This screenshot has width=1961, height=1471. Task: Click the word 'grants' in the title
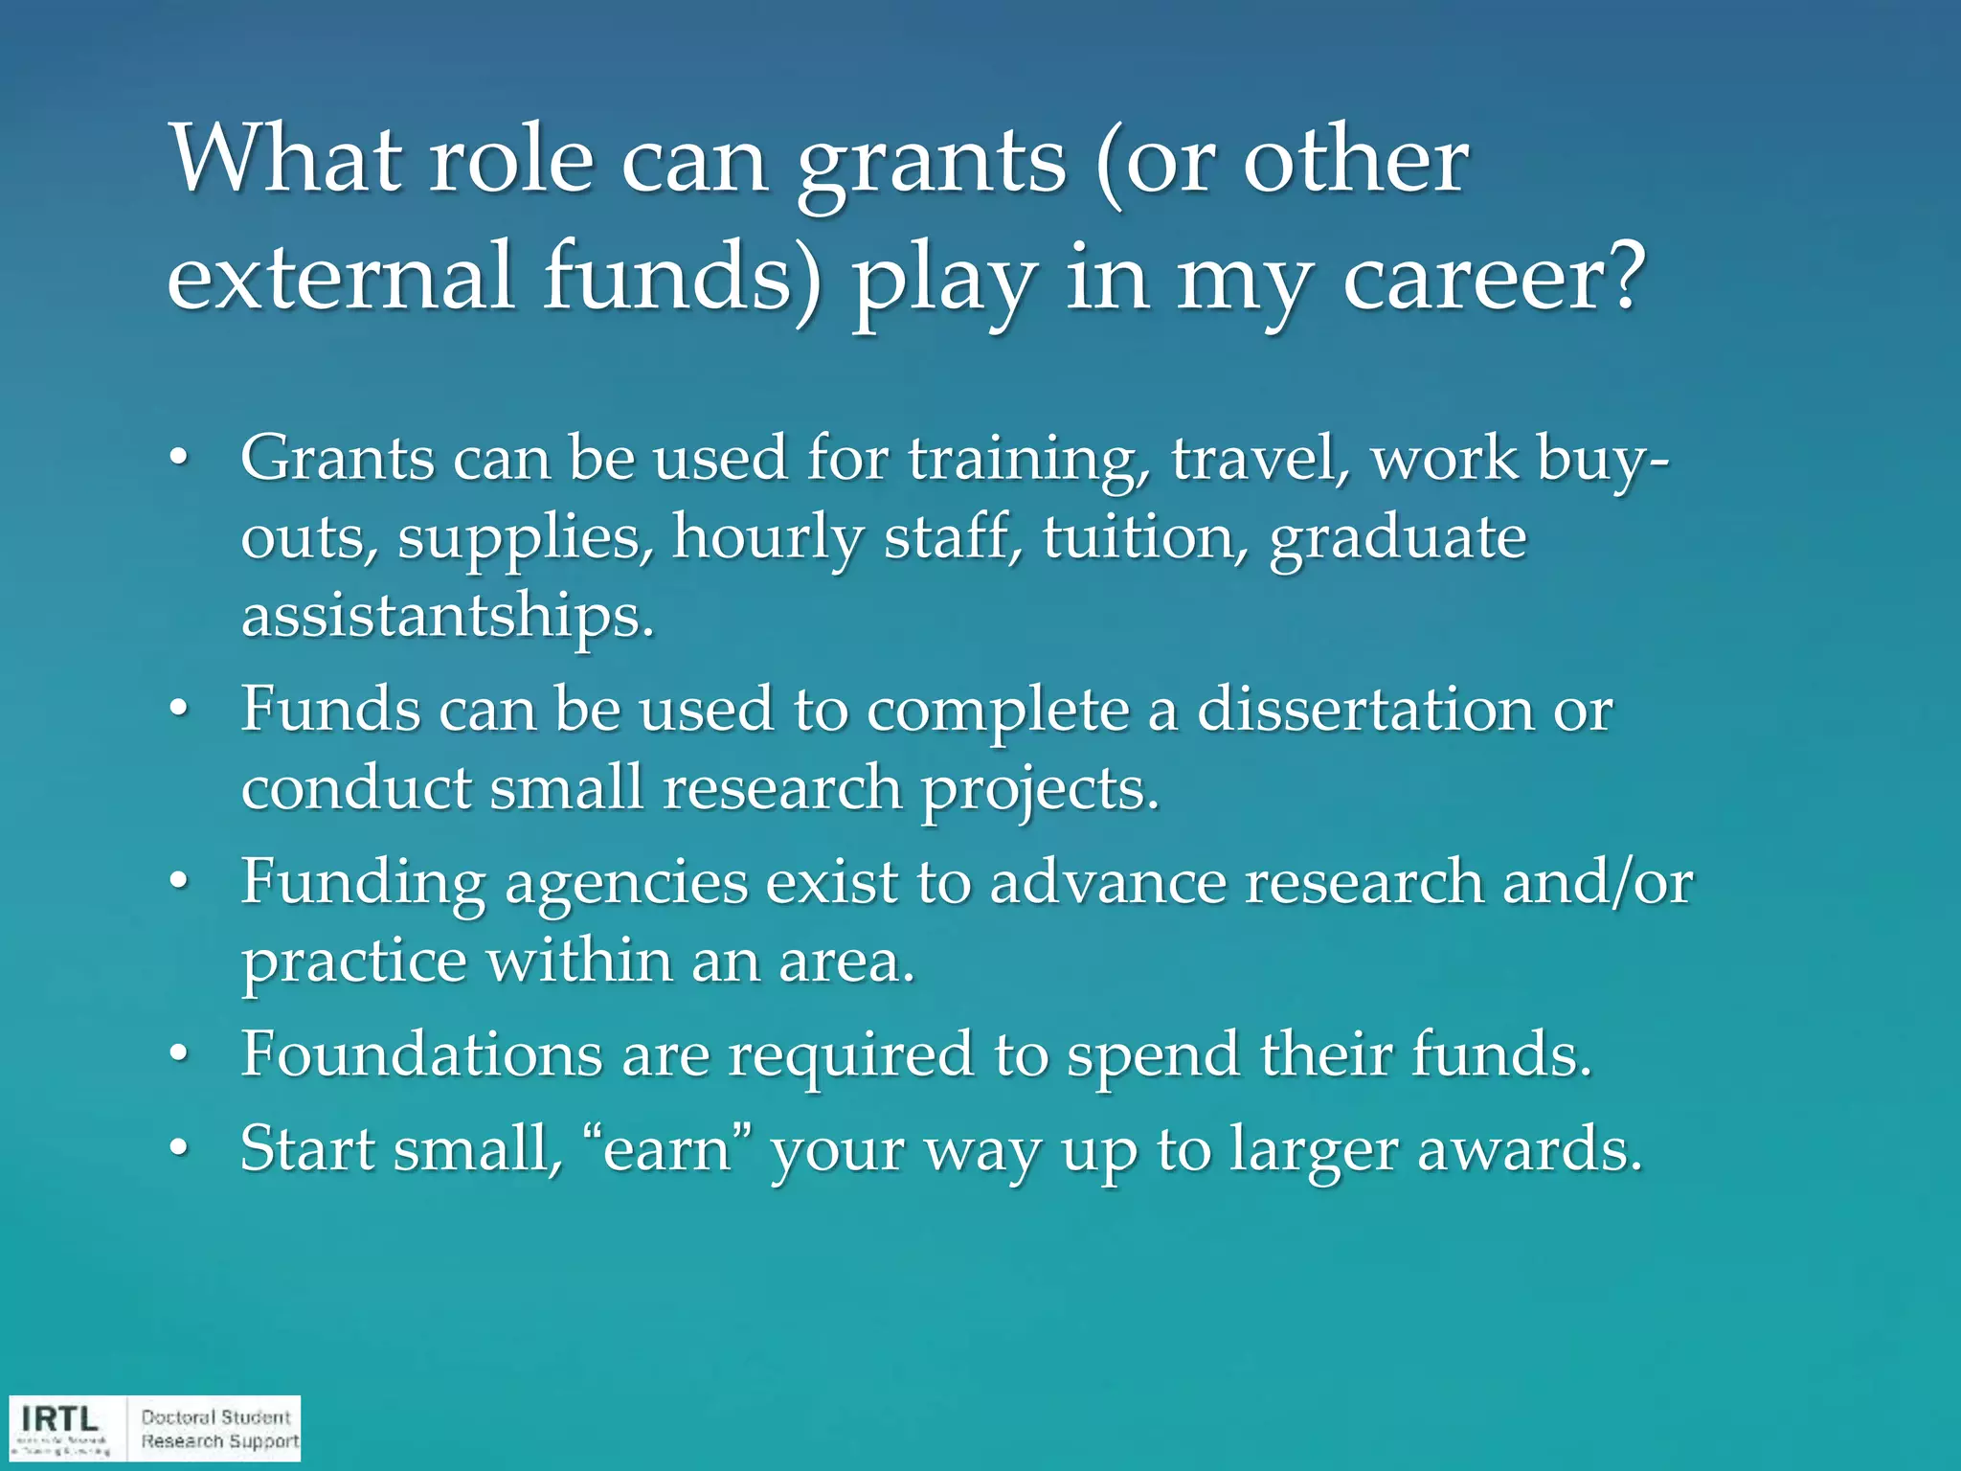pos(931,163)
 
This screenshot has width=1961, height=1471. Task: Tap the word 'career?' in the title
pos(1494,278)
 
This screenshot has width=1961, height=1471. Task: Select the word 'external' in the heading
pos(341,278)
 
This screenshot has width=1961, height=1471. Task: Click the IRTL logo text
pos(59,1418)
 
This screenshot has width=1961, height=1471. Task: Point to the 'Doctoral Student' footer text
pos(215,1417)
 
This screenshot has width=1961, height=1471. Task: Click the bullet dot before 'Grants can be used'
pos(179,461)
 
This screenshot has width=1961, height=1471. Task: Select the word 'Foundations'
pos(421,1054)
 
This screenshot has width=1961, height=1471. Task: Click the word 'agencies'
pos(626,883)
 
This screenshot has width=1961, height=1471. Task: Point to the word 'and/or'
pos(1597,882)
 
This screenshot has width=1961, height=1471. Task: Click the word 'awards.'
pos(1529,1149)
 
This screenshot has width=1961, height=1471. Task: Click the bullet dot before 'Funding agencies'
pos(179,884)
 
